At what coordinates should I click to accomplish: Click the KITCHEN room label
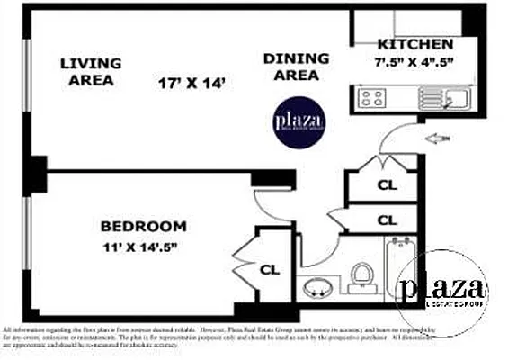click(414, 43)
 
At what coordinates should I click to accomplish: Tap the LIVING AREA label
click(90, 71)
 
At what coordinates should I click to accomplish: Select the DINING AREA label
click(292, 67)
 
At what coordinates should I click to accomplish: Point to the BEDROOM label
click(143, 227)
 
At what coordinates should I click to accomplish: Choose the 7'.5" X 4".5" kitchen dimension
click(414, 62)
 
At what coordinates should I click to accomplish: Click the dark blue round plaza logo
click(299, 122)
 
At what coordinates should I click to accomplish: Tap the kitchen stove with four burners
click(371, 96)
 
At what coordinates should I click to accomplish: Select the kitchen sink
click(459, 97)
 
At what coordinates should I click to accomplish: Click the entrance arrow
click(438, 138)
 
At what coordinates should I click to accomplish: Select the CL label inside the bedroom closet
click(270, 268)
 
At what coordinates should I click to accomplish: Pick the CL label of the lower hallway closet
click(388, 220)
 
